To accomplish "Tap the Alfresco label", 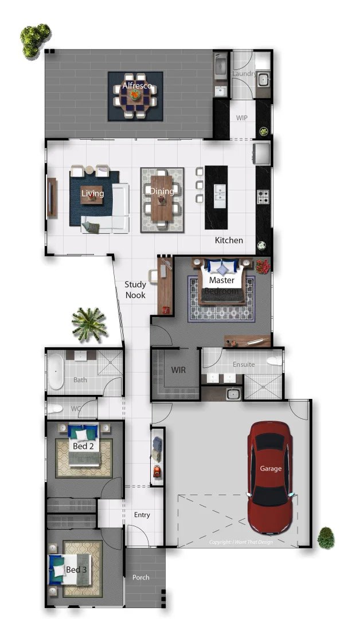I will [137, 86].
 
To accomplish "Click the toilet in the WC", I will [56, 409].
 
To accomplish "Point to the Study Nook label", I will [135, 289].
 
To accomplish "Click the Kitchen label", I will [229, 240].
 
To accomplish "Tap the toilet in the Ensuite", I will [276, 361].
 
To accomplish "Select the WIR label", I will [178, 370].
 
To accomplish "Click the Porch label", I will [140, 577].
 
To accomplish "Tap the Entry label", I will [142, 515].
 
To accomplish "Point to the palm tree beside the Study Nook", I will [89, 324].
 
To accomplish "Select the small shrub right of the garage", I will [325, 538].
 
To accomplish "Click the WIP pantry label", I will [242, 117].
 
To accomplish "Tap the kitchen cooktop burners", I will [263, 198].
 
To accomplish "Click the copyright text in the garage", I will [241, 542].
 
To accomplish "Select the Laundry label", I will [244, 74].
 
